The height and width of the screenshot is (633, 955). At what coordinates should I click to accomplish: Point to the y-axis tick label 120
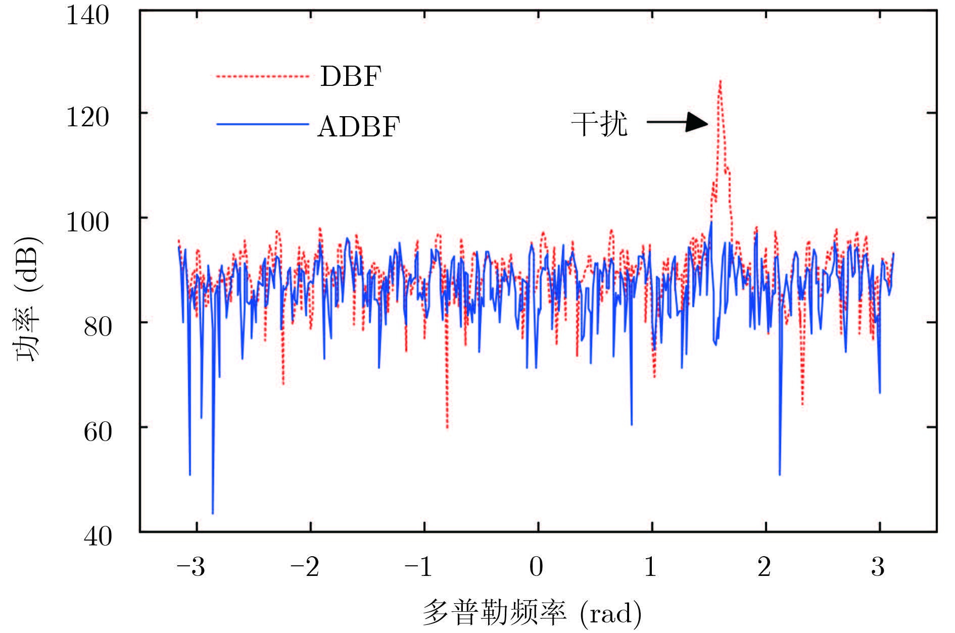point(87,118)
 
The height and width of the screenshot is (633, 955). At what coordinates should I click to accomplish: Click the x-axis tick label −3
point(190,567)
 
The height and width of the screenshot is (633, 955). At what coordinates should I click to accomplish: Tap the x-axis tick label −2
point(305,567)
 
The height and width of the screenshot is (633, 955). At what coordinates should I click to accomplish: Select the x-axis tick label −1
point(418,567)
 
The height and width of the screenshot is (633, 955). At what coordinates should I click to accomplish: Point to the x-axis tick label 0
point(536,567)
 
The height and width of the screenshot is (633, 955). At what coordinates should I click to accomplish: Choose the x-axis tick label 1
point(650,567)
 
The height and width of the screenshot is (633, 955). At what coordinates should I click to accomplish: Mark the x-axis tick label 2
point(764,567)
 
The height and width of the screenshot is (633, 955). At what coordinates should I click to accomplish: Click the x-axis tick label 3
point(878,567)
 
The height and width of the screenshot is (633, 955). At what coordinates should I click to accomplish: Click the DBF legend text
point(350,77)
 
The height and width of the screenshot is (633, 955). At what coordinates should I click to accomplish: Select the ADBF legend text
point(358,126)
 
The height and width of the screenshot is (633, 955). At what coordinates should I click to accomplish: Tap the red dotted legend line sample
point(262,77)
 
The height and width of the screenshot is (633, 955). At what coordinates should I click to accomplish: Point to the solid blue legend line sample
point(262,124)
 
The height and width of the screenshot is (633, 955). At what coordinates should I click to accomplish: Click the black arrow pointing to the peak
point(678,122)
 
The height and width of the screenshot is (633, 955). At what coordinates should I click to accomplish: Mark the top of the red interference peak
point(720,81)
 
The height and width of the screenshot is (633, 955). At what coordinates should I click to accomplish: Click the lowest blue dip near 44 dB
point(213,513)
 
